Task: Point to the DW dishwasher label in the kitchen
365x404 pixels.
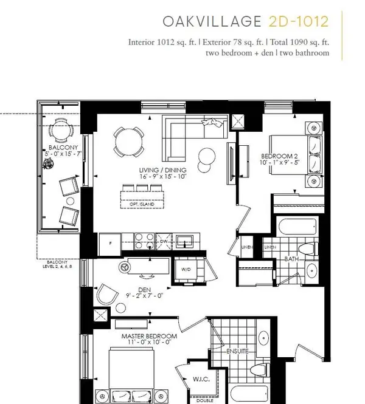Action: click(x=162, y=241)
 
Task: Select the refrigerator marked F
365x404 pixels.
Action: click(x=109, y=242)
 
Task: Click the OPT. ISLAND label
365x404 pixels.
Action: click(x=144, y=205)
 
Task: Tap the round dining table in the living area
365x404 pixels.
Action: click(x=129, y=143)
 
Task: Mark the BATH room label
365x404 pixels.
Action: click(x=291, y=259)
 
